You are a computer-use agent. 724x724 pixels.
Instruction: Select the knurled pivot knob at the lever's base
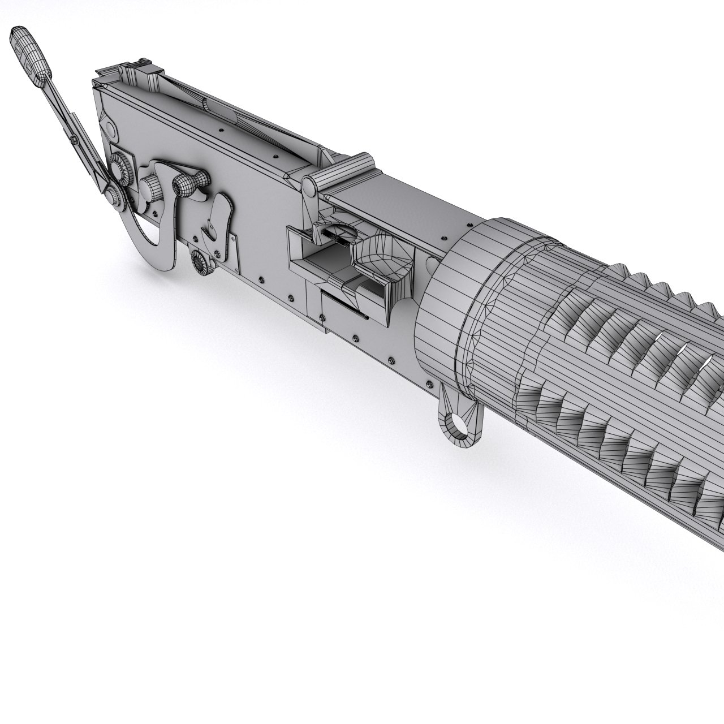[115, 196]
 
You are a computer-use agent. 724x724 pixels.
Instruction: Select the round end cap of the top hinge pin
[308, 185]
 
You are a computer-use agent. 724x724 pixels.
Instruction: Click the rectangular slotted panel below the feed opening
[346, 308]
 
